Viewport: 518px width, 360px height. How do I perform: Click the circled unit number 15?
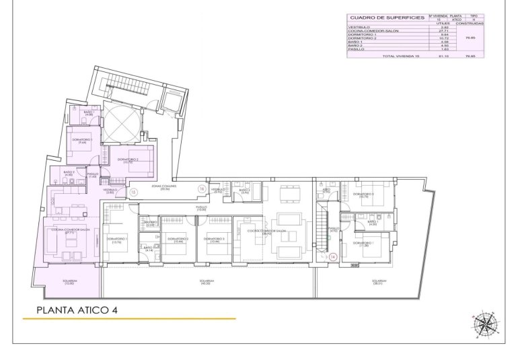(x=134, y=192)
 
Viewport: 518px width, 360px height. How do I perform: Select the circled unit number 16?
(x=201, y=189)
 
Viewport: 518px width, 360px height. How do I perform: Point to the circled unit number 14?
(x=332, y=256)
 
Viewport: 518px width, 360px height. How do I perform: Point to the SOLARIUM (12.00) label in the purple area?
(x=69, y=283)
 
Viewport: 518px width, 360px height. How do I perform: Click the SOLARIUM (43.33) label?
(x=207, y=282)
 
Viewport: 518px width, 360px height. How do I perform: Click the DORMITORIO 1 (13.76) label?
(x=116, y=240)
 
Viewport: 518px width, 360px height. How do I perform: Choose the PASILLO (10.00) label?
(x=201, y=208)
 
